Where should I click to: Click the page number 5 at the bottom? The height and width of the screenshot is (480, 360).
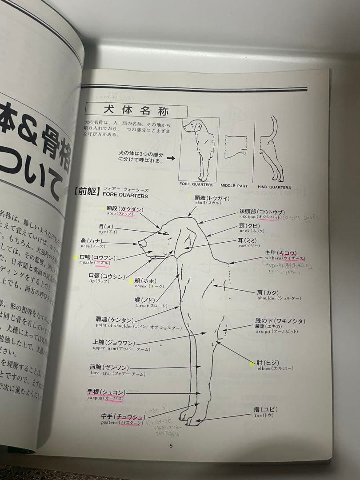(171, 446)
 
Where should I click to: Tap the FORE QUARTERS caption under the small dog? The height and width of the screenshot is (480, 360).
(196, 184)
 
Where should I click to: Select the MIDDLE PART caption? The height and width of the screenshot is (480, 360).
(234, 186)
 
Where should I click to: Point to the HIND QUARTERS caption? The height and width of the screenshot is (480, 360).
(274, 187)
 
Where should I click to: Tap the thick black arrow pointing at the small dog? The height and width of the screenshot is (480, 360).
(171, 157)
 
